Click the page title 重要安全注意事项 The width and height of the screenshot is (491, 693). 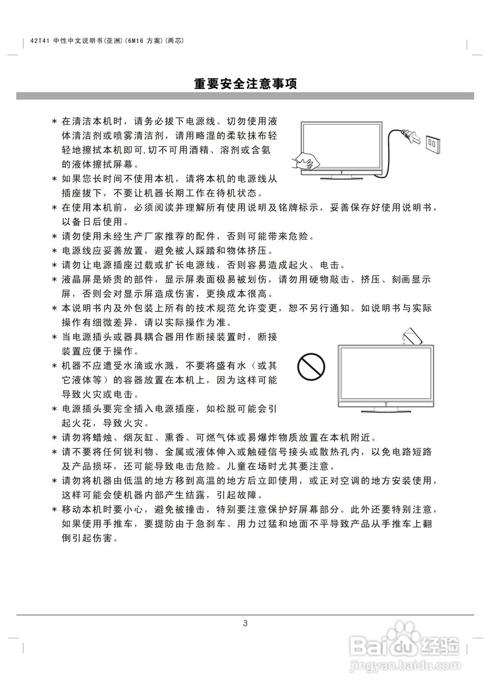[245, 84]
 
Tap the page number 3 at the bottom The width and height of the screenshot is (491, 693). [245, 623]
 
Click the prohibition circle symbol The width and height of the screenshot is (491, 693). [311, 368]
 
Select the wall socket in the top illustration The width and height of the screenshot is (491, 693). [433, 144]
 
